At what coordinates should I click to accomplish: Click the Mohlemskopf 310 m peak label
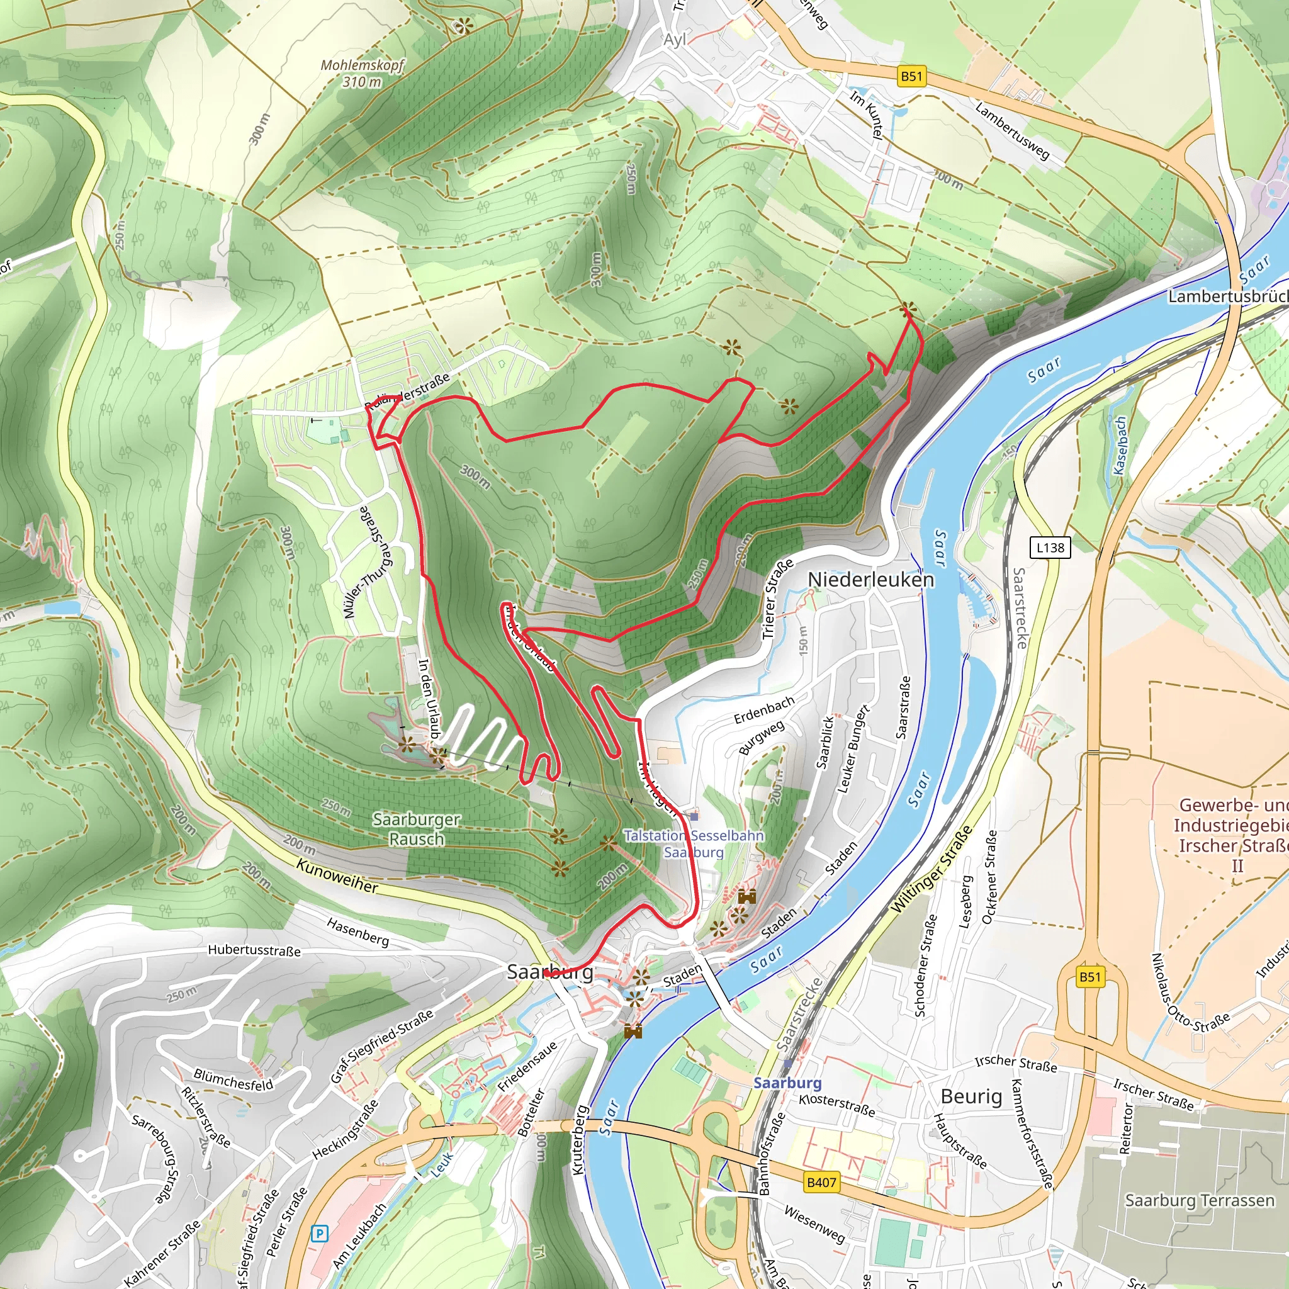click(x=363, y=74)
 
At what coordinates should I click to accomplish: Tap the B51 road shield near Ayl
click(x=911, y=76)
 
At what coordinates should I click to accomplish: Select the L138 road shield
click(x=1050, y=548)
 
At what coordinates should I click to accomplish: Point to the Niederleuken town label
click(x=870, y=580)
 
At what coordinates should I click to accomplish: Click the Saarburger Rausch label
click(x=416, y=829)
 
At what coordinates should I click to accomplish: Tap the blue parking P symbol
click(x=320, y=1234)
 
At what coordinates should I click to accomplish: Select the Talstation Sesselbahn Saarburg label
click(x=694, y=843)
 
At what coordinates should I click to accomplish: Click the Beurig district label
click(x=971, y=1097)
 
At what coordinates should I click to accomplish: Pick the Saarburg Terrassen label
click(x=1200, y=1201)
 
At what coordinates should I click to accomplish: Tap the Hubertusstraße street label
click(x=254, y=950)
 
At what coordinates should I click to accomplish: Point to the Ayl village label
click(x=675, y=40)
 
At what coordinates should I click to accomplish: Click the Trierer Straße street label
click(x=778, y=599)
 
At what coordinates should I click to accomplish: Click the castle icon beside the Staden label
click(x=746, y=896)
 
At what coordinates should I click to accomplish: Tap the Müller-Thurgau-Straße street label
click(x=368, y=563)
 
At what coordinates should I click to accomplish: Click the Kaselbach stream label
click(x=1120, y=446)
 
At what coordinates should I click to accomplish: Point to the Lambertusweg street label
click(x=1012, y=132)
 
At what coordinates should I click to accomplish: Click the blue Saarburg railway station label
click(x=787, y=1082)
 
